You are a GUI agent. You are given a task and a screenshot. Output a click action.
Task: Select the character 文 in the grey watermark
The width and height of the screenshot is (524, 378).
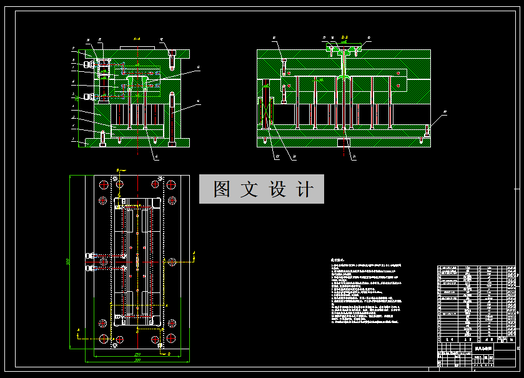249,189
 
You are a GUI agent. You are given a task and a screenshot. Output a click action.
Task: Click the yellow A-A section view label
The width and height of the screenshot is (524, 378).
137,39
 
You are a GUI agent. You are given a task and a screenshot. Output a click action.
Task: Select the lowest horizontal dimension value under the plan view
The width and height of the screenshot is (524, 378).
137,361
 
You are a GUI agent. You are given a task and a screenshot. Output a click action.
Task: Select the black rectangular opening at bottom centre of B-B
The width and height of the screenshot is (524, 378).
342,143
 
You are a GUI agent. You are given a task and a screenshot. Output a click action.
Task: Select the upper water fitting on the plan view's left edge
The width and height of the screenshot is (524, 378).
91,256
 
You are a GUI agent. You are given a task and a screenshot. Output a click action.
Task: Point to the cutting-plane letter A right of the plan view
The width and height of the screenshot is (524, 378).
194,253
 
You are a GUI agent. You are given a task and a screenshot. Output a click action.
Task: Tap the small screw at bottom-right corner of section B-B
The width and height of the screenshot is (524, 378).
427,132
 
